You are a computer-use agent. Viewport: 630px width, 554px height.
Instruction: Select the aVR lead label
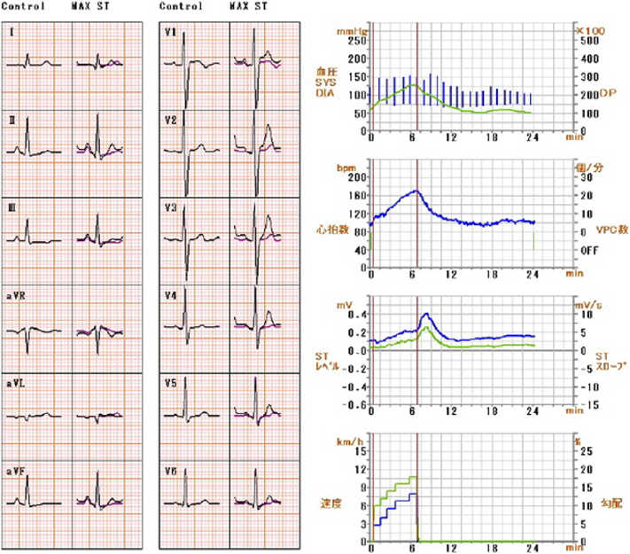point(16,293)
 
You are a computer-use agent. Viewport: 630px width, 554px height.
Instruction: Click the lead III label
point(12,207)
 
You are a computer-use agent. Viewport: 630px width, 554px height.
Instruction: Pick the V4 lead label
point(171,293)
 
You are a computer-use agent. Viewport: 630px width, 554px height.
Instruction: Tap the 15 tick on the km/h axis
point(359,449)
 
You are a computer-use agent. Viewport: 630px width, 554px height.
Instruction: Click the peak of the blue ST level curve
point(426,314)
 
